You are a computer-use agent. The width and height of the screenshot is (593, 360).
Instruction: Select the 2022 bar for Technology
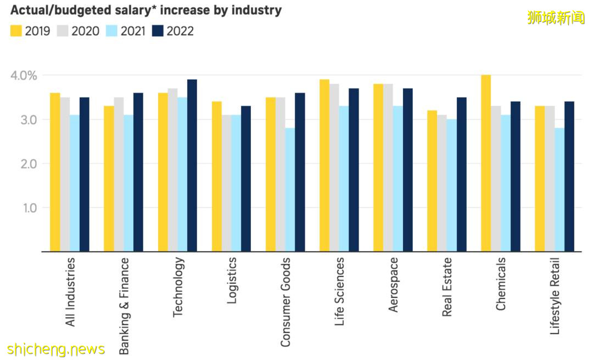click(192, 165)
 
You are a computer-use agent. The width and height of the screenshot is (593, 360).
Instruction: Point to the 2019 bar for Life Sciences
click(325, 165)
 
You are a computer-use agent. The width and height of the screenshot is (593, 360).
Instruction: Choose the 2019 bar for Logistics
click(217, 176)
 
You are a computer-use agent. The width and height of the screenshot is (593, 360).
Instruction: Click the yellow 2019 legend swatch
click(16, 31)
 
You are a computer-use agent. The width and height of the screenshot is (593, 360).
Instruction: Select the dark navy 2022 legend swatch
click(158, 31)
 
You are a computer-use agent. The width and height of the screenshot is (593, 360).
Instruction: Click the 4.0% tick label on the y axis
click(24, 75)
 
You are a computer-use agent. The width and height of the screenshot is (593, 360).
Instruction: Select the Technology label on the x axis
click(178, 286)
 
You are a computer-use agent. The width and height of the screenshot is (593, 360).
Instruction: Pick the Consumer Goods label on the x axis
click(286, 302)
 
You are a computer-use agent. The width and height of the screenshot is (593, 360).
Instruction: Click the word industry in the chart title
click(256, 10)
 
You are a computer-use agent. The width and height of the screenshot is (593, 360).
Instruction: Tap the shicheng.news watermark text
click(56, 349)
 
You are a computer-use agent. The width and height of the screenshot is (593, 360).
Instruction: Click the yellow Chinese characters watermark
click(556, 18)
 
